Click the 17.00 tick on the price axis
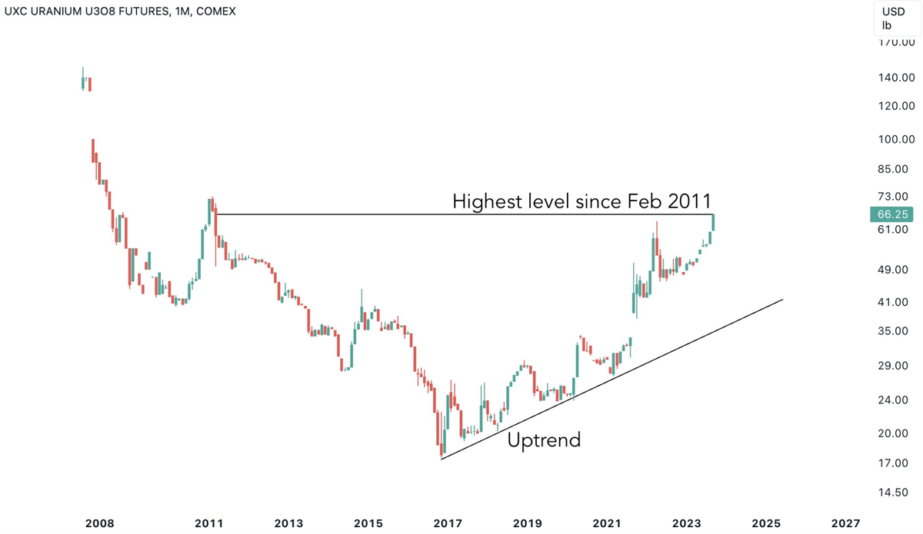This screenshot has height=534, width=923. [x=895, y=463]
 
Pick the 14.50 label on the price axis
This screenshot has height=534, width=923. [x=895, y=493]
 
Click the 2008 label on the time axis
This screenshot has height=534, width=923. [x=100, y=523]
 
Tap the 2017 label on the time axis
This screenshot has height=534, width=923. [x=448, y=523]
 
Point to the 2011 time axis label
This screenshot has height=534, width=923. [x=209, y=523]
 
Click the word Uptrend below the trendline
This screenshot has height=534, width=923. [x=544, y=440]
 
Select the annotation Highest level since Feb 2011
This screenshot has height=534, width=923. [x=583, y=202]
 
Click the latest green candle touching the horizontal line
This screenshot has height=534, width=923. [x=714, y=222]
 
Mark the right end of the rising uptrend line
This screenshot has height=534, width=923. [x=782, y=300]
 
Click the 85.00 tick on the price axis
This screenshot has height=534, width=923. [x=895, y=169]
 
